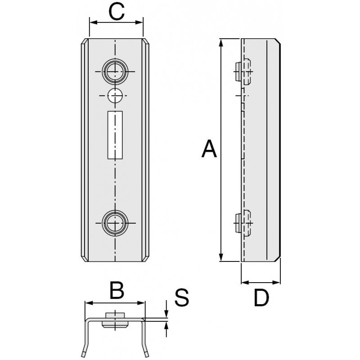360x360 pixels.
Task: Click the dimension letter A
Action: [x=209, y=149]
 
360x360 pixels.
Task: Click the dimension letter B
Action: [x=117, y=290]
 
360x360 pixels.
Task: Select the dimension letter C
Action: [x=117, y=12]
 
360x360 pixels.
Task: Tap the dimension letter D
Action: [x=261, y=297]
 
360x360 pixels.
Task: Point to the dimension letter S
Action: [x=181, y=297]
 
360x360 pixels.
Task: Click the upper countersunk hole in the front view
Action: [x=115, y=72]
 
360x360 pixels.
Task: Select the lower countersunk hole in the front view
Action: [x=115, y=223]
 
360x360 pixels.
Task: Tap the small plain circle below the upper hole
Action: [x=115, y=95]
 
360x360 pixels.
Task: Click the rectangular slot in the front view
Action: [x=115, y=134]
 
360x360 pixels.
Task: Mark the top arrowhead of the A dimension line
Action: [x=221, y=42]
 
